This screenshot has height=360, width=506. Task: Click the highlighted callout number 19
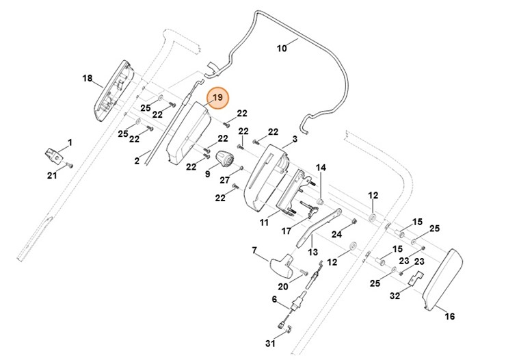click(217, 99)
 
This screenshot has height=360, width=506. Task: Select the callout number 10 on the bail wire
click(282, 49)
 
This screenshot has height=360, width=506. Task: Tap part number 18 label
click(87, 79)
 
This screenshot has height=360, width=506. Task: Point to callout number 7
click(254, 250)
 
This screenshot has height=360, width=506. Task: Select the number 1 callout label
click(68, 142)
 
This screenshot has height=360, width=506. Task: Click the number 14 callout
click(321, 168)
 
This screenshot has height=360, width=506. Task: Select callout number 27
click(224, 181)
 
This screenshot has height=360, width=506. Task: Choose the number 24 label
click(336, 234)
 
